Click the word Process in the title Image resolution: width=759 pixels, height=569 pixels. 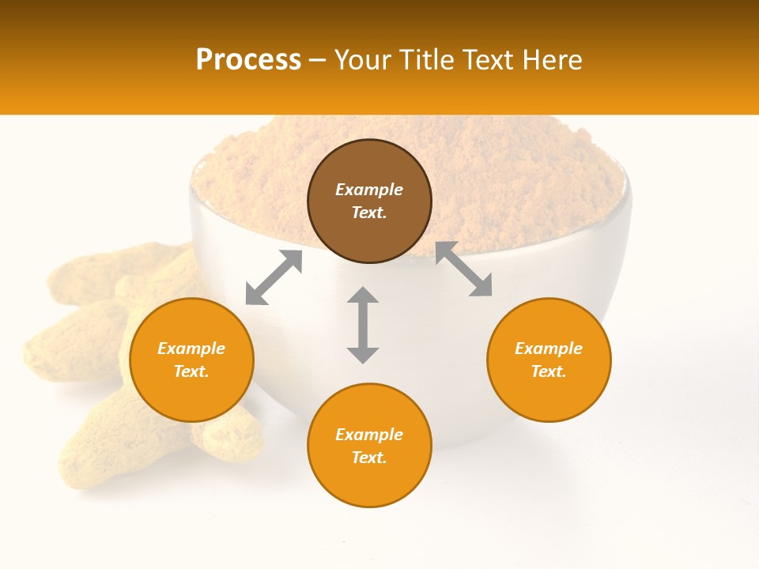pos(248,60)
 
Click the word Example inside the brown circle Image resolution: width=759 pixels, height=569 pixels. pos(369,190)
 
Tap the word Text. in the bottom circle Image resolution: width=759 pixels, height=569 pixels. pos(369,458)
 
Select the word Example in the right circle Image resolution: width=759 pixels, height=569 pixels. pos(549,349)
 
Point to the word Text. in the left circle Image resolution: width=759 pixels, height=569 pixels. pos(191,371)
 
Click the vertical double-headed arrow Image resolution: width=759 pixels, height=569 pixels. pos(363,325)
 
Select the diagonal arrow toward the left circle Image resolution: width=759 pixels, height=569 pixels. pos(274,277)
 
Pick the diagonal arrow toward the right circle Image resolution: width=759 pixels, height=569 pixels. pos(464,269)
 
